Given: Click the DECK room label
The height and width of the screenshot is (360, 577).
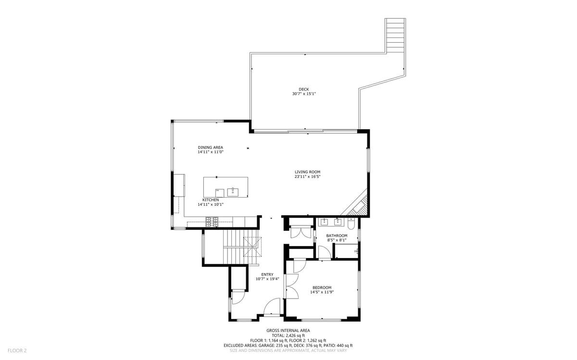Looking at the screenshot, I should tap(304, 89).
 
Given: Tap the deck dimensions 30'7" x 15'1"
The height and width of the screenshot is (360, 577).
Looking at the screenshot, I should tap(304, 94).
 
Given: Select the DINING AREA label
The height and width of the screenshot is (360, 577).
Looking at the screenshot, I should tap(211, 147).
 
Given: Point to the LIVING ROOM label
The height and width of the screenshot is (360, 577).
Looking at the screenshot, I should tap(308, 172).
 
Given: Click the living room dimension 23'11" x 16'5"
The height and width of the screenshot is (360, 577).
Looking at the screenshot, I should tap(308, 176).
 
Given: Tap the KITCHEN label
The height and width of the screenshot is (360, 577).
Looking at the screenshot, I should tap(211, 199).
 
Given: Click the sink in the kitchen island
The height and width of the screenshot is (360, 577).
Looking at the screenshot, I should tap(233, 192).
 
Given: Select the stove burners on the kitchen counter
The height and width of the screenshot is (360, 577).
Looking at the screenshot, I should tap(212, 222).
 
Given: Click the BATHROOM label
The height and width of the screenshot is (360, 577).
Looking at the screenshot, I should tap(337, 236).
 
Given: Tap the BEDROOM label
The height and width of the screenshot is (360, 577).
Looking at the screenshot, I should tap(322, 287).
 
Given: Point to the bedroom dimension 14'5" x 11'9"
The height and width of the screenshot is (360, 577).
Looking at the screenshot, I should tap(322, 292).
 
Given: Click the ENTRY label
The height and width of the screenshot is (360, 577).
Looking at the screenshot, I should tap(267, 274).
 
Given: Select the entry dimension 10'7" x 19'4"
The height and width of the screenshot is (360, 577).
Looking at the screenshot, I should tap(267, 279).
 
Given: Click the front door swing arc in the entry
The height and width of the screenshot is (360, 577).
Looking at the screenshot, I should tap(272, 306).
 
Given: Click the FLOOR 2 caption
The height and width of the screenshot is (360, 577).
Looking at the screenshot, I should tap(17, 350).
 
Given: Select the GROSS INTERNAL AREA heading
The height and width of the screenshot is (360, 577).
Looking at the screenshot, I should tap(288, 330).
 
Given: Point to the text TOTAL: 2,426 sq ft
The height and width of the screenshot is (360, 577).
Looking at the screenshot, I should tap(288, 335).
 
